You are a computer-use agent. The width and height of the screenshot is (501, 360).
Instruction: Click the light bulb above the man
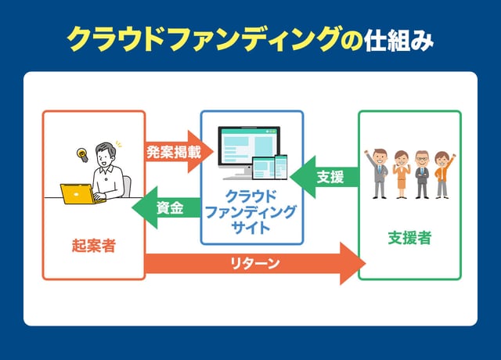81,154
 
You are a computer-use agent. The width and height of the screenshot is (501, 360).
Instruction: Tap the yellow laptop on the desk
77,194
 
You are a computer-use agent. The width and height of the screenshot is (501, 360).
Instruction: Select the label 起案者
94,245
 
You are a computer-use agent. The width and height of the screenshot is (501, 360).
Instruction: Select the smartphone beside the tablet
280,168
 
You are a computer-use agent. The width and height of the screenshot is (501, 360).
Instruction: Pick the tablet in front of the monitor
261,170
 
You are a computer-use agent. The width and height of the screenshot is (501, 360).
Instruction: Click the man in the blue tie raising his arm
379,173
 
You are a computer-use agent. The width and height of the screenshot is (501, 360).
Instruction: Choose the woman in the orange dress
401,174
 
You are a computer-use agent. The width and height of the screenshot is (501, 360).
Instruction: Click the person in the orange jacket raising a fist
443,173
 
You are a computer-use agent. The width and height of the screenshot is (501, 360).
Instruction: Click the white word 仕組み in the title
398,41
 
